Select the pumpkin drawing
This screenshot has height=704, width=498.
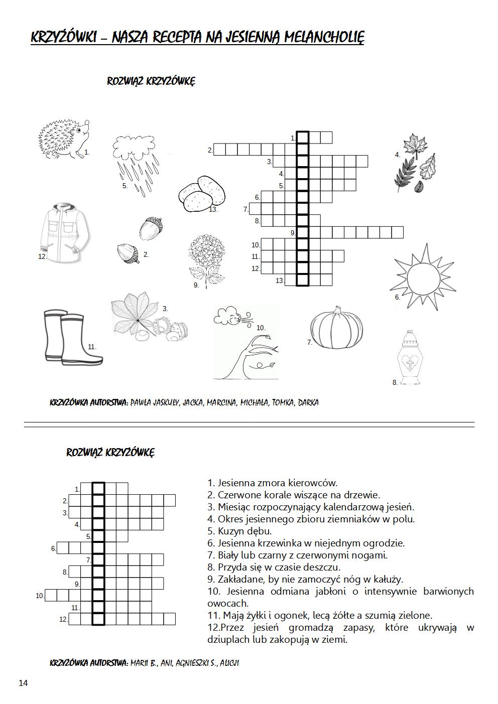coord(335,330)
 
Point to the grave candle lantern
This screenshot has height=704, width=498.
coord(411,358)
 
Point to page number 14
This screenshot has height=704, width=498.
coord(24,683)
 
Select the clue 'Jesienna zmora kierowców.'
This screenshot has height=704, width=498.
coord(273,483)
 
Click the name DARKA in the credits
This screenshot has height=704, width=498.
coord(308,402)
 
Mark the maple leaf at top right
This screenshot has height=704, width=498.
coord(415,146)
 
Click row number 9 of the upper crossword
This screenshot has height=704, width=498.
coord(293,233)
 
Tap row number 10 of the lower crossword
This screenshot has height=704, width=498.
coord(40,596)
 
